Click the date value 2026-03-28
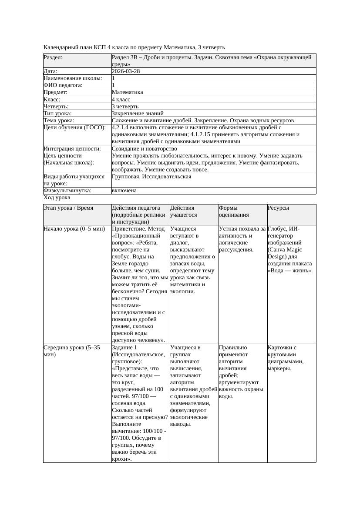[125, 71]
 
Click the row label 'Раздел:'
[53, 57]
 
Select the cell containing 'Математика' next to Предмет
[127, 92]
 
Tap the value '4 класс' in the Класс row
[121, 99]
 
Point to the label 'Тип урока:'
[57, 113]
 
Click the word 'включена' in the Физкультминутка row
[124, 191]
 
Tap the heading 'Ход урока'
[57, 198]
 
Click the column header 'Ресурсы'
[278, 208]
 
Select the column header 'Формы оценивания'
[233, 211]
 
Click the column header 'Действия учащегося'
[182, 211]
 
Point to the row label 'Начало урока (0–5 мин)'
[74, 229]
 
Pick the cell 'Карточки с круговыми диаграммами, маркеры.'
[286, 358]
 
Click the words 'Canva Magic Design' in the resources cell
[285, 253]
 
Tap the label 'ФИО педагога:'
[63, 85]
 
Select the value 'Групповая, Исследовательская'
[151, 177]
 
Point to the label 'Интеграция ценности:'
[72, 148]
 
